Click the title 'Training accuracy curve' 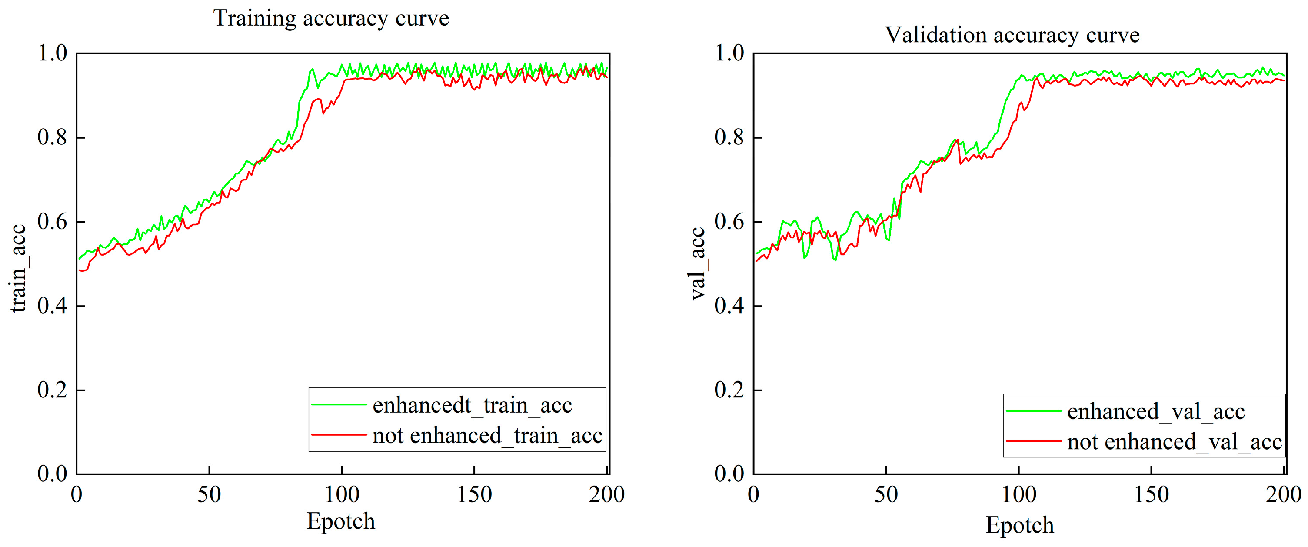[331, 19]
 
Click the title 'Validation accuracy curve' [1012, 36]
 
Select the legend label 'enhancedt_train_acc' [472, 405]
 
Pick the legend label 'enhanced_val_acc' [1156, 411]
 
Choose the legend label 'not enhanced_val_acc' [1175, 442]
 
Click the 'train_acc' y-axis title [18, 268]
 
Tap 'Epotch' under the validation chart [1020, 525]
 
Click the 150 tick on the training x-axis [474, 495]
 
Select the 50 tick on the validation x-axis [886, 495]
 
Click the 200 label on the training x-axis [606, 495]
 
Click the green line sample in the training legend [339, 405]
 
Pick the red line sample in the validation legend [1033, 441]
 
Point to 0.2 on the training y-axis [52, 390]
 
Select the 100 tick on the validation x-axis [1018, 495]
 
